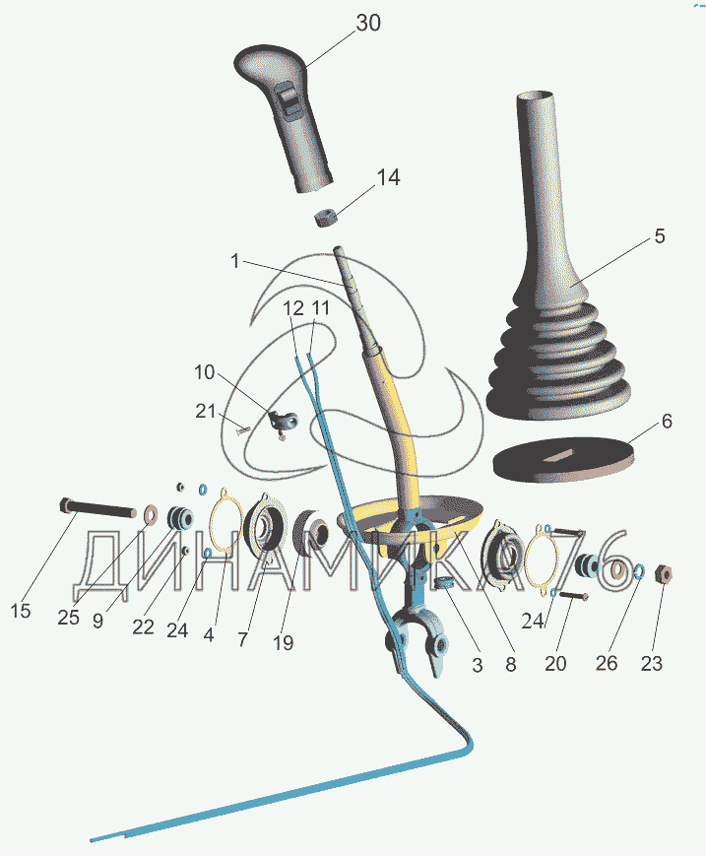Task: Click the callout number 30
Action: click(368, 23)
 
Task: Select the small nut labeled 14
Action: click(327, 218)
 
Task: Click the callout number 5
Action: click(660, 235)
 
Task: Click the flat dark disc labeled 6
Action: click(564, 459)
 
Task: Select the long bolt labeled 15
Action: click(97, 507)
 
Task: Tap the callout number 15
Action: click(21, 611)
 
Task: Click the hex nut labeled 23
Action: click(663, 573)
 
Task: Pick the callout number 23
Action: click(652, 663)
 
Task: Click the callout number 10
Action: click(205, 372)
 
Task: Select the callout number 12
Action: click(293, 308)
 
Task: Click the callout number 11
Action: click(320, 308)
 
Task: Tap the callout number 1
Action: click(235, 261)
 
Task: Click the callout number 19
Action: click(283, 643)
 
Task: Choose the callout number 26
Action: click(607, 663)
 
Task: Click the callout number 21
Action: click(205, 411)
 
